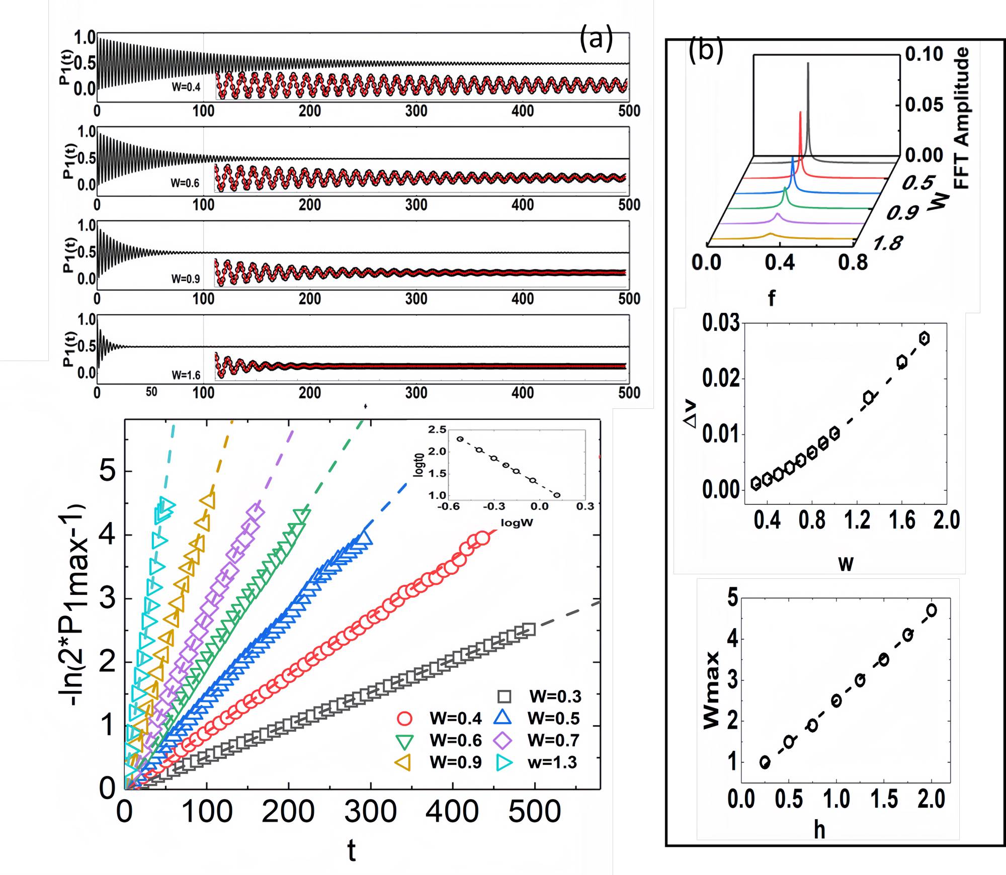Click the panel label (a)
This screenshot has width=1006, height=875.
pos(596,39)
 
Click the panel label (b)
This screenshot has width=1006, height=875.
pos(705,50)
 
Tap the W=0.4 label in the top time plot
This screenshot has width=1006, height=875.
pos(186,87)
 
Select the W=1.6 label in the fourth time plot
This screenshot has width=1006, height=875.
pos(186,375)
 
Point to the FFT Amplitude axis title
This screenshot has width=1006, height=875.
pos(961,118)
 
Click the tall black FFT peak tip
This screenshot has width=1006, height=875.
pos(808,63)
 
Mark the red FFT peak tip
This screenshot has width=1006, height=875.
pos(800,113)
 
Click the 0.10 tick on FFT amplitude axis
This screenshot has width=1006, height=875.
pos(924,54)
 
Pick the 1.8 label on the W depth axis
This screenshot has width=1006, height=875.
pos(887,244)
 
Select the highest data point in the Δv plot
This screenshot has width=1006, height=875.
pos(924,338)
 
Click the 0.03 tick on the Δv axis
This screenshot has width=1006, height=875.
pos(721,323)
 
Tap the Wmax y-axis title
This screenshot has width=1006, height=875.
pos(711,690)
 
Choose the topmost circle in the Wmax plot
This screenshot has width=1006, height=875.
pos(931,610)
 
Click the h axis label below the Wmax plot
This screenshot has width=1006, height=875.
pos(819,831)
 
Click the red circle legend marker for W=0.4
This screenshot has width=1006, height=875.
pos(405,719)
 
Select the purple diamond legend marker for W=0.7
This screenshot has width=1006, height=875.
pos(503,740)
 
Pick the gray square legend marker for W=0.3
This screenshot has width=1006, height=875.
pos(504,696)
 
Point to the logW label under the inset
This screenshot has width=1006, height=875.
pos(517,522)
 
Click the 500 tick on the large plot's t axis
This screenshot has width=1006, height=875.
pos(535,812)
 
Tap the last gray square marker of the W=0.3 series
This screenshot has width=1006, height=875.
pos(529,629)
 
